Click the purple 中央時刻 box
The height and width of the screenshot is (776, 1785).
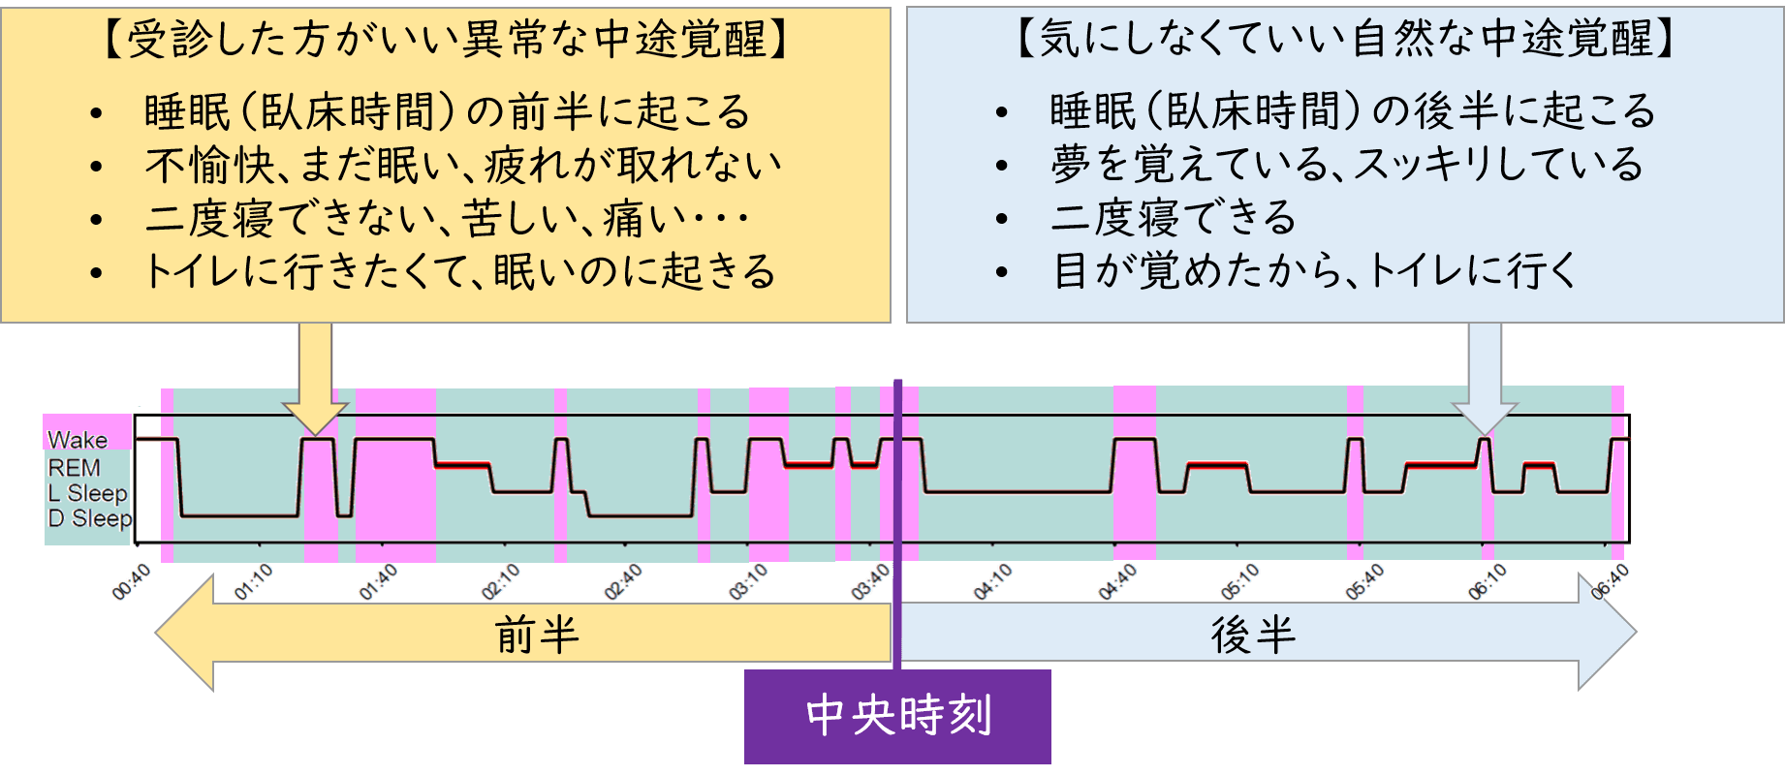click(897, 716)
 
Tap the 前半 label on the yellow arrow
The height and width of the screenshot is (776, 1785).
click(537, 636)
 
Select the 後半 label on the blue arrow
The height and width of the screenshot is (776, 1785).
click(1253, 636)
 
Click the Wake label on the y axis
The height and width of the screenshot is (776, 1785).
click(78, 440)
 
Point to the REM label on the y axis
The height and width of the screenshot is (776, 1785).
click(74, 467)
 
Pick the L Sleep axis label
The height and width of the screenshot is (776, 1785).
click(88, 493)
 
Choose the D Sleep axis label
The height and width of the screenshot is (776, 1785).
click(90, 518)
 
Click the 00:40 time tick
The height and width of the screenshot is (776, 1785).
click(132, 582)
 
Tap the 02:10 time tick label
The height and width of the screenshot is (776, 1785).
click(501, 582)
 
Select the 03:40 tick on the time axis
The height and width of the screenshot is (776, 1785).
click(870, 582)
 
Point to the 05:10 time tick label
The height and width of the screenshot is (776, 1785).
click(1239, 582)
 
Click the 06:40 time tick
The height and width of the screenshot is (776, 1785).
click(1610, 582)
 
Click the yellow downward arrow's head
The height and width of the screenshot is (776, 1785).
click(315, 419)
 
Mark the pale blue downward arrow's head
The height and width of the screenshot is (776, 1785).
click(1485, 419)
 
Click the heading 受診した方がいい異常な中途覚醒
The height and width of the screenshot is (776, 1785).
click(446, 40)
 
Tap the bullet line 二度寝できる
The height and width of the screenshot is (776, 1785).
click(1174, 217)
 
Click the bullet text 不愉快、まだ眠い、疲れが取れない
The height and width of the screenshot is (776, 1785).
click(463, 165)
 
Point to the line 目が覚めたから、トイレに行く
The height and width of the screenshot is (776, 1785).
click(1316, 270)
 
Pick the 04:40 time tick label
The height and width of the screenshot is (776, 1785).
click(1117, 582)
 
